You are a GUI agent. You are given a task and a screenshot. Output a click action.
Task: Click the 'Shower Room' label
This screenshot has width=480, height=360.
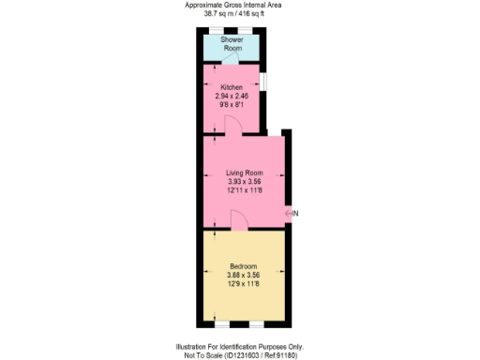(232, 44)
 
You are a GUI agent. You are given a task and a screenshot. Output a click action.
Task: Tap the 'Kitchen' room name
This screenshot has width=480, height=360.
(232, 87)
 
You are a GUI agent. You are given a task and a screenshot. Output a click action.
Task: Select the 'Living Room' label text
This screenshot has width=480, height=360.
(244, 173)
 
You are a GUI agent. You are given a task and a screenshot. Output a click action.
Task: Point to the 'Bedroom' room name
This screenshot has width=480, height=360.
(244, 266)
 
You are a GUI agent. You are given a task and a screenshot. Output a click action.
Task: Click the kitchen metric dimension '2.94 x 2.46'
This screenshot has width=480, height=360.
(232, 96)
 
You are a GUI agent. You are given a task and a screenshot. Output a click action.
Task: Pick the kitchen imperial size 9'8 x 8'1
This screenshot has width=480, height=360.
(232, 104)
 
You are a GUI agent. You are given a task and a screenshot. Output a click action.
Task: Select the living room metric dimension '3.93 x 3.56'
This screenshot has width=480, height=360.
(244, 182)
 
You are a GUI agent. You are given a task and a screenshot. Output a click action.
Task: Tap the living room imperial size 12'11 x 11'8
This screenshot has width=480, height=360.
(244, 190)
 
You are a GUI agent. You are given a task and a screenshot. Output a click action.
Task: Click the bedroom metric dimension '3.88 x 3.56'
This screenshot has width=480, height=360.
(244, 275)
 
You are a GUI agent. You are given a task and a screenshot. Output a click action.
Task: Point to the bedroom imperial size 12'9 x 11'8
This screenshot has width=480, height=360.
(244, 283)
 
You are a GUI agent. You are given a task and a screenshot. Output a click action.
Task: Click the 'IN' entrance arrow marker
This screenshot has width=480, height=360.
(292, 215)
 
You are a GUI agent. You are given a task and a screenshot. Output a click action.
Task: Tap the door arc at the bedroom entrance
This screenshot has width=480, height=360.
(238, 221)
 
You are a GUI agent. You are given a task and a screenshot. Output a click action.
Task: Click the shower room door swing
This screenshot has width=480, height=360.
(218, 60)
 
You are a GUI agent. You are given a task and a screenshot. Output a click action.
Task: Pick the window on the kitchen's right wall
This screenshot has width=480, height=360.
(263, 82)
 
